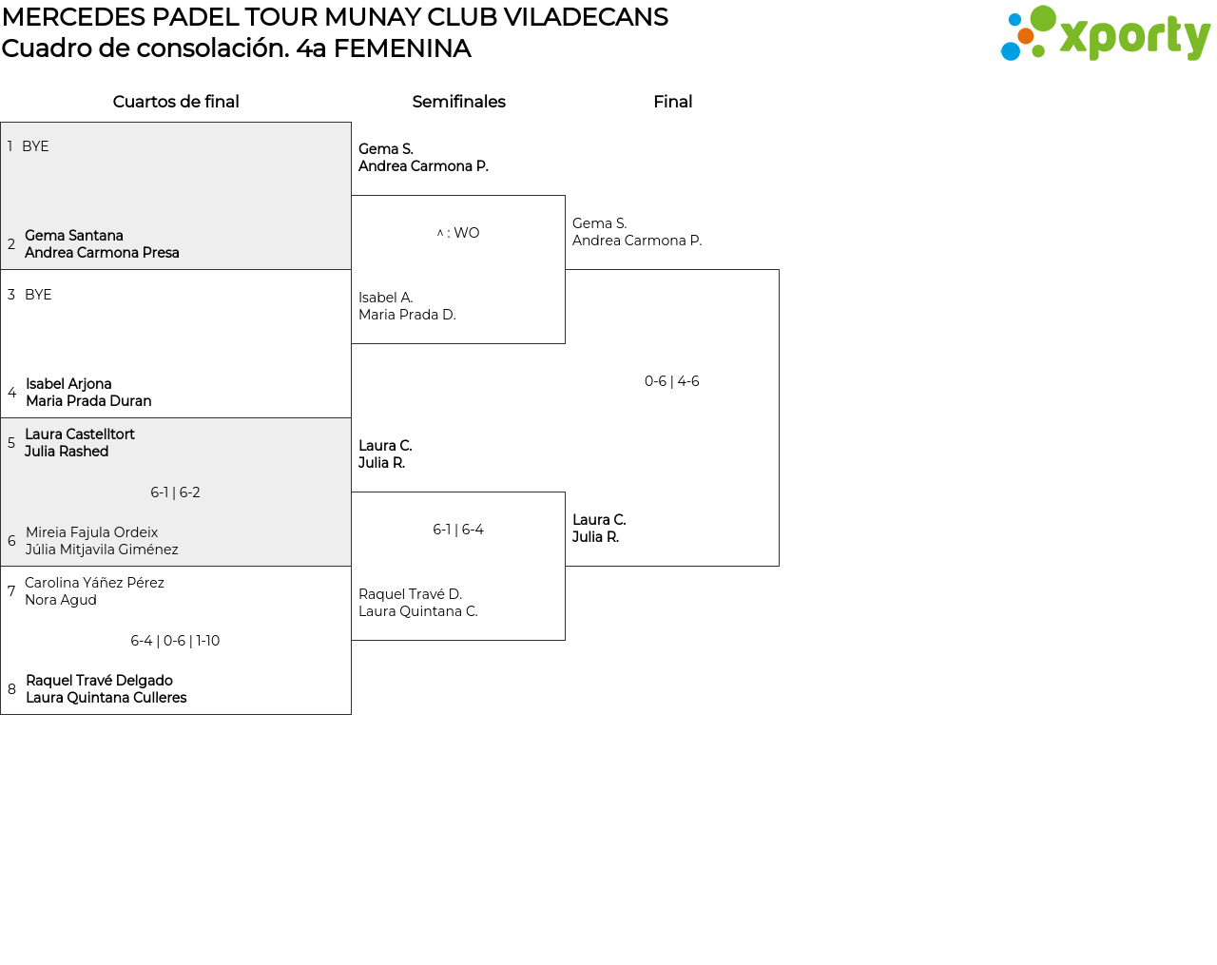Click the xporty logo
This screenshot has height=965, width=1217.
pos(1105,34)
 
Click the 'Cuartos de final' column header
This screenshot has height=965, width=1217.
pos(176,102)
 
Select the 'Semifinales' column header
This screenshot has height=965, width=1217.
pos(458,102)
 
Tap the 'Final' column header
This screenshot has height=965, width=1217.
pos(672,102)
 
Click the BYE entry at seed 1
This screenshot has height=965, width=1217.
pos(35,146)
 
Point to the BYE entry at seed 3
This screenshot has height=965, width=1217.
pos(38,295)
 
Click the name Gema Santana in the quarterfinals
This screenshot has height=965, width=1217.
pos(74,236)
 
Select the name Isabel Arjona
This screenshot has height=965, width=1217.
pos(68,384)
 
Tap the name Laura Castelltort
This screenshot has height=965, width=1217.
pos(80,434)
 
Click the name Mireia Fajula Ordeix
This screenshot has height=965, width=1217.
pos(91,532)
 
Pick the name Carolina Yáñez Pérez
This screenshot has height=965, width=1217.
pos(94,583)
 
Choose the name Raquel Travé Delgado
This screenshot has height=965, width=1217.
pos(99,681)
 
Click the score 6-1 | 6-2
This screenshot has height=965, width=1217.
pos(175,492)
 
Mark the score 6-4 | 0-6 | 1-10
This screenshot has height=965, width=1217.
pos(175,641)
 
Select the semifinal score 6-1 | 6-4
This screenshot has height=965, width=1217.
pos(458,530)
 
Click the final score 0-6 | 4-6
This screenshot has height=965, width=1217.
pos(672,381)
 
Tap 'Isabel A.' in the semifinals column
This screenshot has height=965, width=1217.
pos(385,298)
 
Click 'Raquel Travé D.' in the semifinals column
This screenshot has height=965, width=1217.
pos(410,594)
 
